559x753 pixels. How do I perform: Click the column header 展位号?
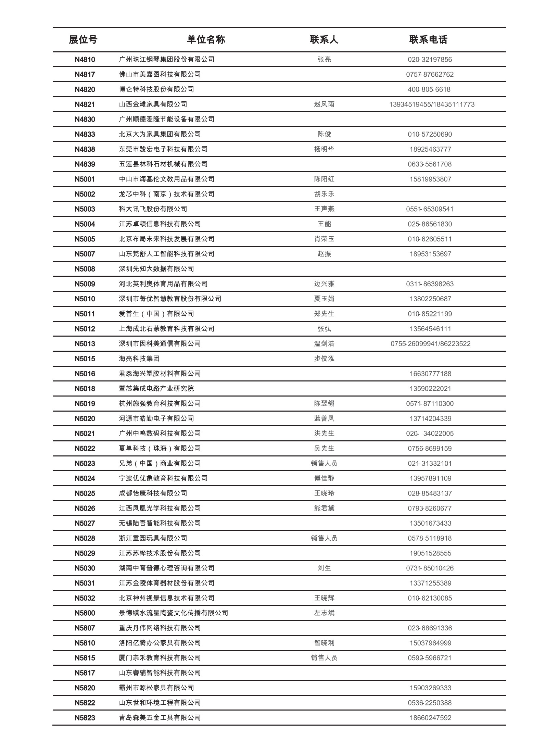[83, 40]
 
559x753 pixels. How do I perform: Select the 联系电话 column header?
[428, 40]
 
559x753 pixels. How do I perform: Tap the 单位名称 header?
[206, 40]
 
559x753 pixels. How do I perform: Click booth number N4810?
[85, 60]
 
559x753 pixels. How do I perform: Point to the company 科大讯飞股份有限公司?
[153, 209]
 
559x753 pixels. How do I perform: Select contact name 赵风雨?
[324, 104]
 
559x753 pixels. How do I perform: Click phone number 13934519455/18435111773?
[432, 104]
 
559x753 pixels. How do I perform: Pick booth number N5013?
[85, 344]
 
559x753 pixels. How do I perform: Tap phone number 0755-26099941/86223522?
[430, 344]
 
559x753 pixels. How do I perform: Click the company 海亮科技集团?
[139, 359]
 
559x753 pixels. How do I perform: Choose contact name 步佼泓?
[324, 359]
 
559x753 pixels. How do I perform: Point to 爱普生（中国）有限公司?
[156, 314]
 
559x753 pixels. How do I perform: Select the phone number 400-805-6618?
[429, 89]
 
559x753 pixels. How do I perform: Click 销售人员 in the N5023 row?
[324, 463]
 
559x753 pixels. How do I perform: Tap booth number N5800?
[85, 613]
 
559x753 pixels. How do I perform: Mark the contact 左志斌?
[324, 613]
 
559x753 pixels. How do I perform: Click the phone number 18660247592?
[430, 718]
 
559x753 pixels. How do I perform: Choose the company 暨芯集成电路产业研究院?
[156, 389]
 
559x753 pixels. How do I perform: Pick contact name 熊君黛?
[324, 508]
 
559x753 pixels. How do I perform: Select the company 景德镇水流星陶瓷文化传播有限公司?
[174, 613]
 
